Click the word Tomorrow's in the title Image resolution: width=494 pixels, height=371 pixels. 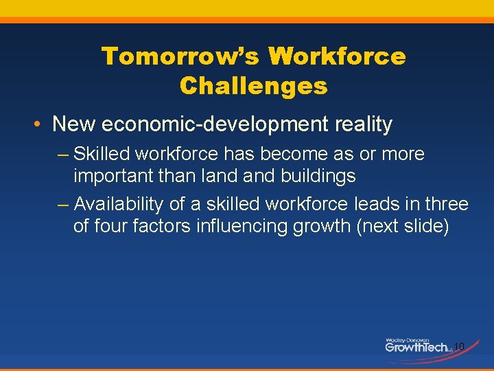pos(180,56)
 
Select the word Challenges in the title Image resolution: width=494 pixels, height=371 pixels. pos(253,86)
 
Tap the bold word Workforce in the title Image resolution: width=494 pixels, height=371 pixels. pos(337,56)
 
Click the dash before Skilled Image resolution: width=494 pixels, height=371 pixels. pos(63,155)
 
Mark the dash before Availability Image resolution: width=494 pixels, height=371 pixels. pos(63,205)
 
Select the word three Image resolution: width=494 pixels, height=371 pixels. pos(447,204)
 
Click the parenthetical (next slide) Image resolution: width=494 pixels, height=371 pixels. pos(401,226)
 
